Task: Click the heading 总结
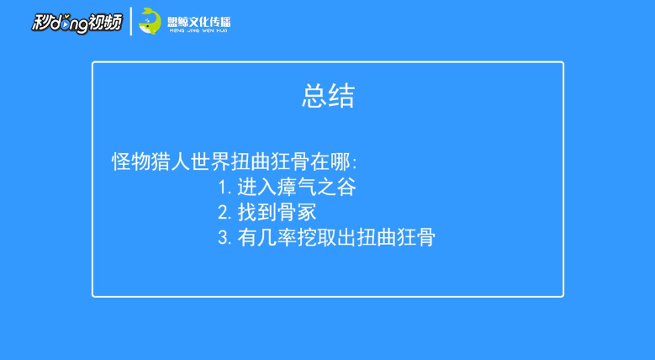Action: (x=328, y=96)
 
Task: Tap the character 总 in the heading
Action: (x=314, y=96)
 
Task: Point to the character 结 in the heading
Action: (x=341, y=96)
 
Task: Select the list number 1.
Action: (x=224, y=188)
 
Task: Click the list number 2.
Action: (x=224, y=213)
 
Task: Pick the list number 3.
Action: (x=224, y=238)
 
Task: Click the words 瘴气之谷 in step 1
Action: (x=317, y=188)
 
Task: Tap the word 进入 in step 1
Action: (x=257, y=188)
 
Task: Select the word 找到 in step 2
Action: (x=257, y=213)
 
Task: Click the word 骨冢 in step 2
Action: (x=297, y=213)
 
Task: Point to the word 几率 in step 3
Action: (x=277, y=238)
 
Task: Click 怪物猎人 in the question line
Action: (x=151, y=161)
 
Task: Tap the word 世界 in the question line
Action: (x=210, y=161)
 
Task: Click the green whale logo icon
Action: (x=150, y=21)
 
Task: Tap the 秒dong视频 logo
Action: (x=77, y=22)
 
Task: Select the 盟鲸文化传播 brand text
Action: (x=198, y=21)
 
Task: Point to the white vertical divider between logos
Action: (x=131, y=21)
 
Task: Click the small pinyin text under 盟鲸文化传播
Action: (x=198, y=30)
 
